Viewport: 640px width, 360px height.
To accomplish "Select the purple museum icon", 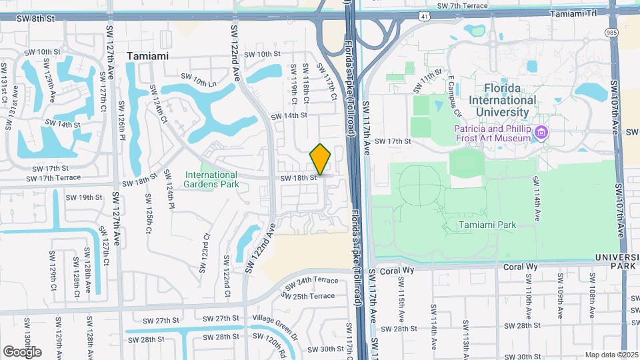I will [x=541, y=133].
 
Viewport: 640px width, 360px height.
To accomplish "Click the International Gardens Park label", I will [x=211, y=179].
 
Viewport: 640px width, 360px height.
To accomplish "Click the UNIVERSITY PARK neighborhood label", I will [x=617, y=261].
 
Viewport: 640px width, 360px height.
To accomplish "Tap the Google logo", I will [x=22, y=351].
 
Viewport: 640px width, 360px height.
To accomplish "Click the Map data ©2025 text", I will [x=610, y=355].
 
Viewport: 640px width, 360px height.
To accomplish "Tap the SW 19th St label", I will [x=90, y=197].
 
